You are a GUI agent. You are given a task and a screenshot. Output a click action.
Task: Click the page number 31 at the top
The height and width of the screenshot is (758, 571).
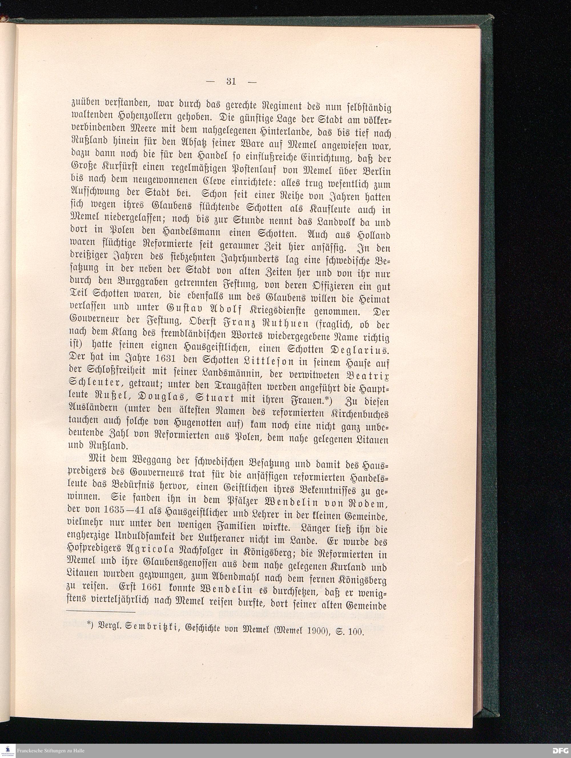click(231, 82)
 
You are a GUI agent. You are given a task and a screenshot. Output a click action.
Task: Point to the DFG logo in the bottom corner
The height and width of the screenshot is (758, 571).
click(561, 751)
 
